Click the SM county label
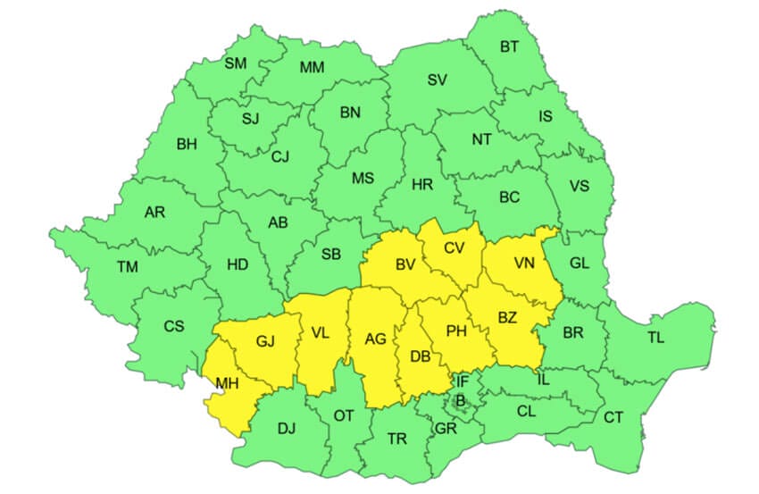pyautogui.click(x=235, y=63)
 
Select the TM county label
pyautogui.click(x=128, y=266)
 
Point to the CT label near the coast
pyautogui.click(x=613, y=417)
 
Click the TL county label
pyautogui.click(x=655, y=338)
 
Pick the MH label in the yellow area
pyautogui.click(x=226, y=384)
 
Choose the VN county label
pyautogui.click(x=524, y=264)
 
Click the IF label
pyautogui.click(x=462, y=381)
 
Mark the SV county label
pyautogui.click(x=437, y=80)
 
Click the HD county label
pyautogui.click(x=238, y=264)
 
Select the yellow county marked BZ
pyautogui.click(x=507, y=317)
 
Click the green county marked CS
pyautogui.click(x=173, y=326)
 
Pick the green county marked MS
pyautogui.click(x=363, y=178)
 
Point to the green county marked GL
pyautogui.click(x=580, y=264)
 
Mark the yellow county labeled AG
pyautogui.click(x=375, y=339)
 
